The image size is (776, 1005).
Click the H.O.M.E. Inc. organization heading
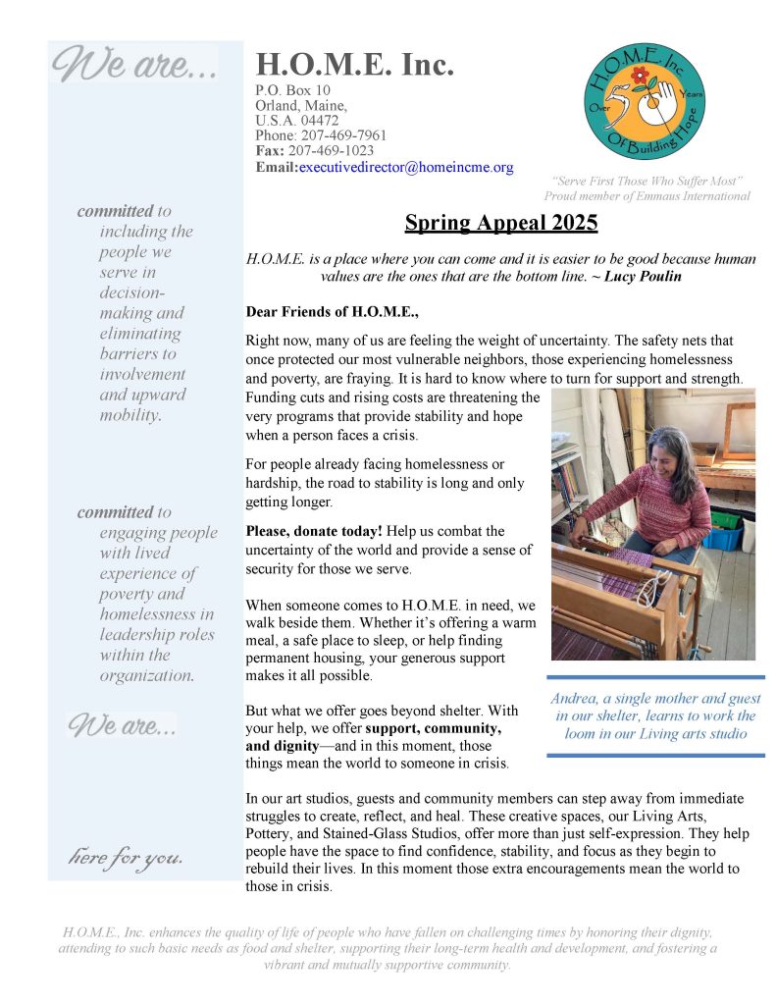[x=354, y=66]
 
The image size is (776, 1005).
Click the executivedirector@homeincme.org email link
[x=406, y=168]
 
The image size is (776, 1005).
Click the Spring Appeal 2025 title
[x=501, y=223]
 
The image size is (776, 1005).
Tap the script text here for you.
[x=125, y=858]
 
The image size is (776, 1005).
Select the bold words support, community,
[x=434, y=729]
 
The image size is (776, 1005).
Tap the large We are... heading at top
[x=134, y=66]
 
